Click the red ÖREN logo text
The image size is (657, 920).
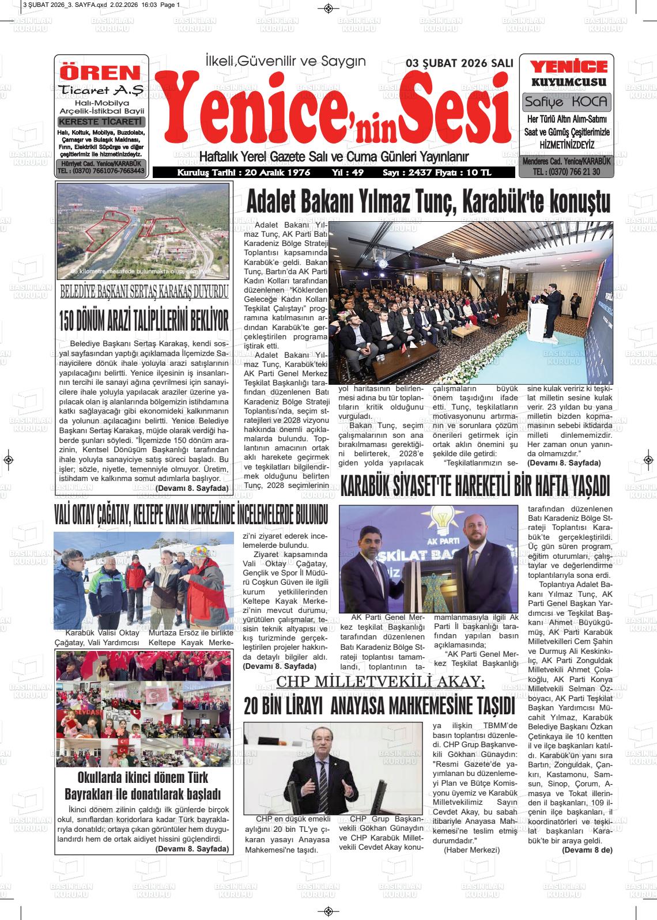coord(101,73)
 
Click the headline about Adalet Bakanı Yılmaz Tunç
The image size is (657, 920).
coord(428,203)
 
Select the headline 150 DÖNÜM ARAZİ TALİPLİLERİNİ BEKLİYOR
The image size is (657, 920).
coord(144,321)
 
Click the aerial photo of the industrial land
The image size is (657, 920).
coord(144,230)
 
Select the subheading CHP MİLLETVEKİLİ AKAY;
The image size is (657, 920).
coord(380,682)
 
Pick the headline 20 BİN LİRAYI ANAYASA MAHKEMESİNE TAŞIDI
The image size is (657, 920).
coord(379,705)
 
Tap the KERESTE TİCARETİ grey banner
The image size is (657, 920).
coord(101,122)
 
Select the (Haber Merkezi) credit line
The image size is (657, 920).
coord(471,850)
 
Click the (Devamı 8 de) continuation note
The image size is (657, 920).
coord(587,850)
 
